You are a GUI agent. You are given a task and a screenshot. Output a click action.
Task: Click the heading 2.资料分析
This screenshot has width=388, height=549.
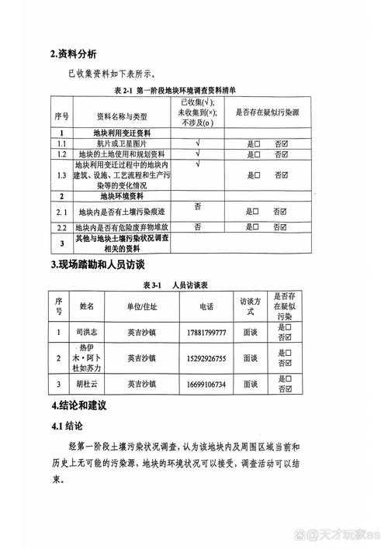coord(74,54)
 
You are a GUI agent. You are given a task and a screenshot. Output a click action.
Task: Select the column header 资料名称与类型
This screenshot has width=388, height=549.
coord(121,116)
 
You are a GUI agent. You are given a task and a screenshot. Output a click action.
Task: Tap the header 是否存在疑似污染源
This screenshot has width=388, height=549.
coord(268,111)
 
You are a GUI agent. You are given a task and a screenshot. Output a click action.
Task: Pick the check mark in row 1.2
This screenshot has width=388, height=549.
coord(198,154)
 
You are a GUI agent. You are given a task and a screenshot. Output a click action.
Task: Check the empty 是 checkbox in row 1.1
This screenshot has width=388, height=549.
coord(255,143)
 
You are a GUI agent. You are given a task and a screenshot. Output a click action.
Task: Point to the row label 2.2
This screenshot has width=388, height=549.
coord(62,226)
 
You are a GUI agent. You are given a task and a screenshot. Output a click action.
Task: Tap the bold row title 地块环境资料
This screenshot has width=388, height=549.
coord(121,198)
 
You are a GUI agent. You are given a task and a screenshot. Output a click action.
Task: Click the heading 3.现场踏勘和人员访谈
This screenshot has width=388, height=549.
coord(104,265)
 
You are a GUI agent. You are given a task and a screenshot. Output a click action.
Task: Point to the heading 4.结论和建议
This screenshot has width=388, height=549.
coord(78,406)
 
